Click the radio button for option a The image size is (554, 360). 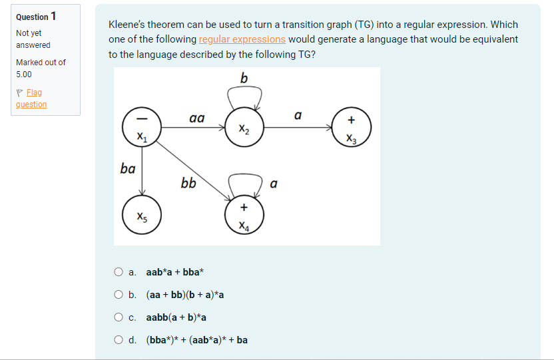[x=118, y=271]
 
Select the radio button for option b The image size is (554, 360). [x=118, y=294]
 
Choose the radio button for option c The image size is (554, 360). [x=118, y=317]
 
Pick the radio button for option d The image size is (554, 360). [x=118, y=340]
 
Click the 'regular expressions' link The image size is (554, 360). [x=242, y=39]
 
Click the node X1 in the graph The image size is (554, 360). [x=140, y=126]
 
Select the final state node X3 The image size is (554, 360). [x=351, y=126]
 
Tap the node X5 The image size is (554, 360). [x=140, y=215]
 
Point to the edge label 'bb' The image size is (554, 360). [x=188, y=182]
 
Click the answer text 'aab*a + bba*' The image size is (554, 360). [x=175, y=271]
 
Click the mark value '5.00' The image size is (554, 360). [x=24, y=74]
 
